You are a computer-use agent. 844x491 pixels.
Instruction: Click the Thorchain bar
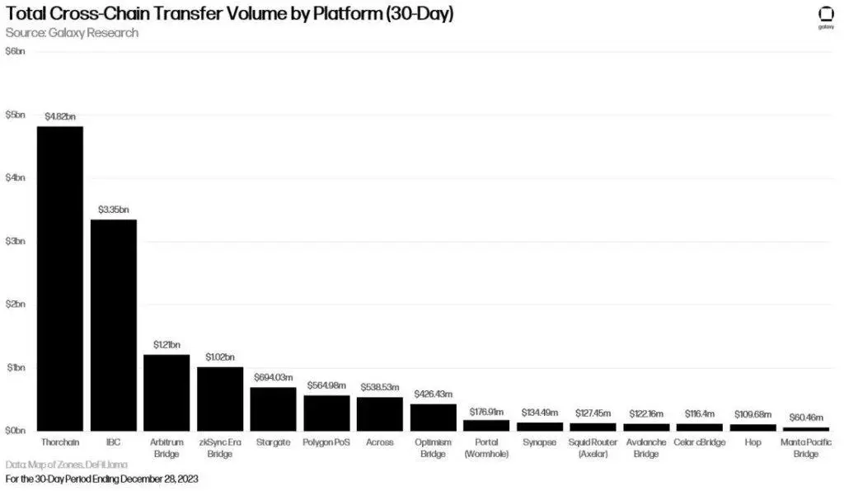(60, 277)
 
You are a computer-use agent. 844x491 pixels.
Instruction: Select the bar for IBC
(113, 324)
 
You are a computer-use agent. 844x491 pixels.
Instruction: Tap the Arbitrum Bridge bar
(166, 392)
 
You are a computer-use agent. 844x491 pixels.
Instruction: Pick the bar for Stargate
(273, 408)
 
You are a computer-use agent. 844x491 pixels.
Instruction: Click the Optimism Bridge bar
(433, 417)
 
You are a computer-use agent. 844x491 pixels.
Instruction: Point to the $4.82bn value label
(60, 117)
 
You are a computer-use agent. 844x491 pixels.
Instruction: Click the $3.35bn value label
(113, 210)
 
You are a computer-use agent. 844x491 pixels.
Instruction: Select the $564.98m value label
(326, 385)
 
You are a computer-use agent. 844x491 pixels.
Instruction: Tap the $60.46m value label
(805, 418)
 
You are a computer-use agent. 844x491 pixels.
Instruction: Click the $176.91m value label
(486, 410)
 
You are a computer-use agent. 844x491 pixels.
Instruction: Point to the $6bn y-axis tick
(15, 51)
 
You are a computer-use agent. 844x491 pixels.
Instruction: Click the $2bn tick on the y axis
(15, 304)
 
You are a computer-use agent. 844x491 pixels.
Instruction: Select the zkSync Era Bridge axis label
(220, 448)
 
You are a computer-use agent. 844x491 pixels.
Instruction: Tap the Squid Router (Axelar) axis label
(593, 448)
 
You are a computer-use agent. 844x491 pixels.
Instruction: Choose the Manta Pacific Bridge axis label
(805, 448)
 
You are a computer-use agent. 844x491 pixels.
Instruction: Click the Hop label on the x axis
(752, 443)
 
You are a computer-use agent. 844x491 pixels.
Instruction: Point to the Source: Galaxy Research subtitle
(72, 33)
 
